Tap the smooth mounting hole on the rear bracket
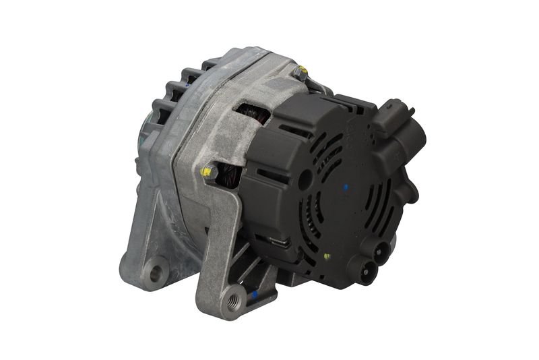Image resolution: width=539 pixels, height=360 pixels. (x=156, y=273)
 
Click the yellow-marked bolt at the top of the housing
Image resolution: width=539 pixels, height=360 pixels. (x=300, y=72)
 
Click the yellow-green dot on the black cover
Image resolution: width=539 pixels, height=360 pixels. (x=326, y=256)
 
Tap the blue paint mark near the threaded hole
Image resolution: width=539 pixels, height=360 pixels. (x=254, y=295)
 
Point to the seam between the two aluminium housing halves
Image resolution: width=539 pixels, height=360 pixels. (x=177, y=155)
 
